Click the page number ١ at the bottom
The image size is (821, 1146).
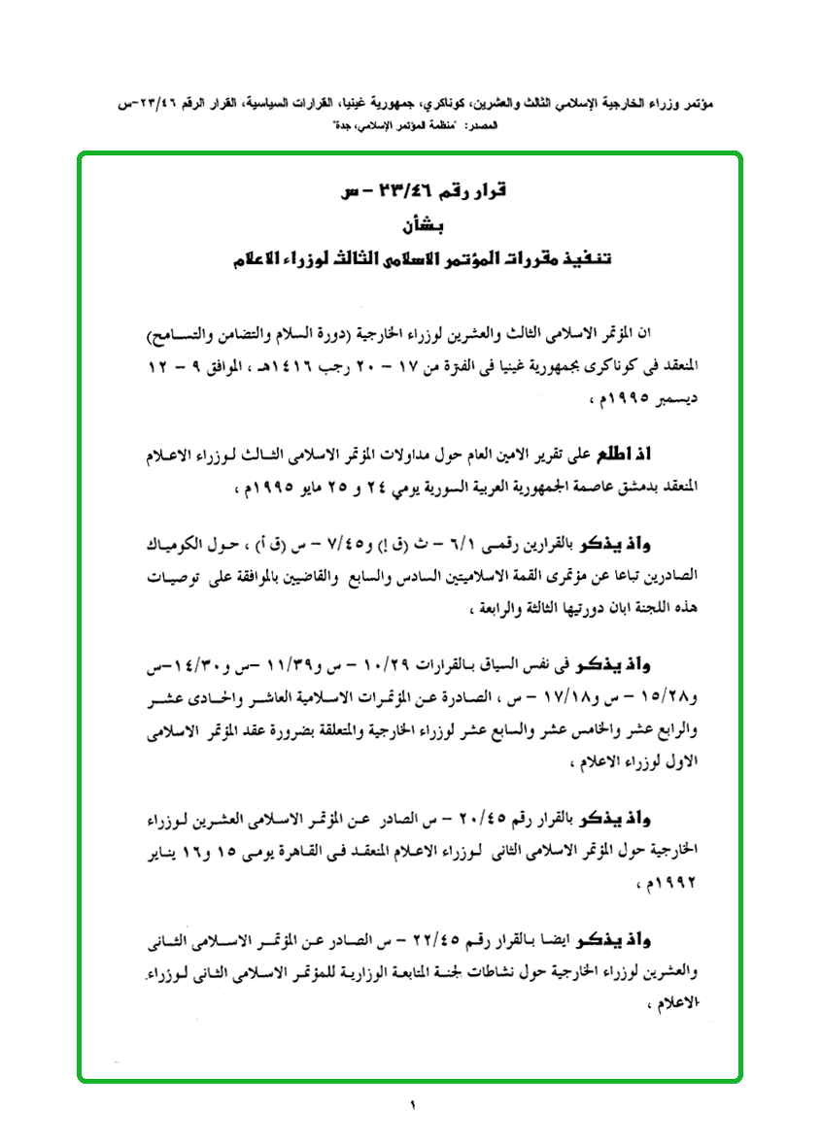click(x=411, y=1104)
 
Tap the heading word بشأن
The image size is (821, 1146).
click(x=412, y=227)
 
